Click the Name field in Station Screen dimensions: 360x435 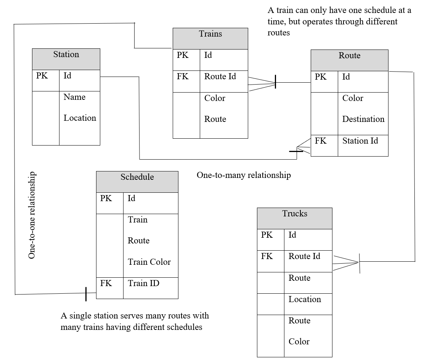pos(74,97)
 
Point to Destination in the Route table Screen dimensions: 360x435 pos(363,119)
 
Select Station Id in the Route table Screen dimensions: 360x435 pos(360,141)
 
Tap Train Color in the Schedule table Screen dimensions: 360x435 pos(149,262)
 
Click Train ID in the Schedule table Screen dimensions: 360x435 pos(143,283)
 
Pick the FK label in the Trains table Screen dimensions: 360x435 pos(183,77)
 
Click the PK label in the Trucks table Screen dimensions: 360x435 pos(267,235)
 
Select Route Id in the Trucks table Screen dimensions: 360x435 pos(304,256)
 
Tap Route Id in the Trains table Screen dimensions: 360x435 pos(220,77)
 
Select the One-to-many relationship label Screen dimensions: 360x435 pos(244,175)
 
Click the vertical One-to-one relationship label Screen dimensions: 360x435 pos(32,216)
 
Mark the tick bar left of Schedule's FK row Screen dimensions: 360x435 pos(86,294)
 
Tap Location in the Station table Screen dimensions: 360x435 pos(80,118)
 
